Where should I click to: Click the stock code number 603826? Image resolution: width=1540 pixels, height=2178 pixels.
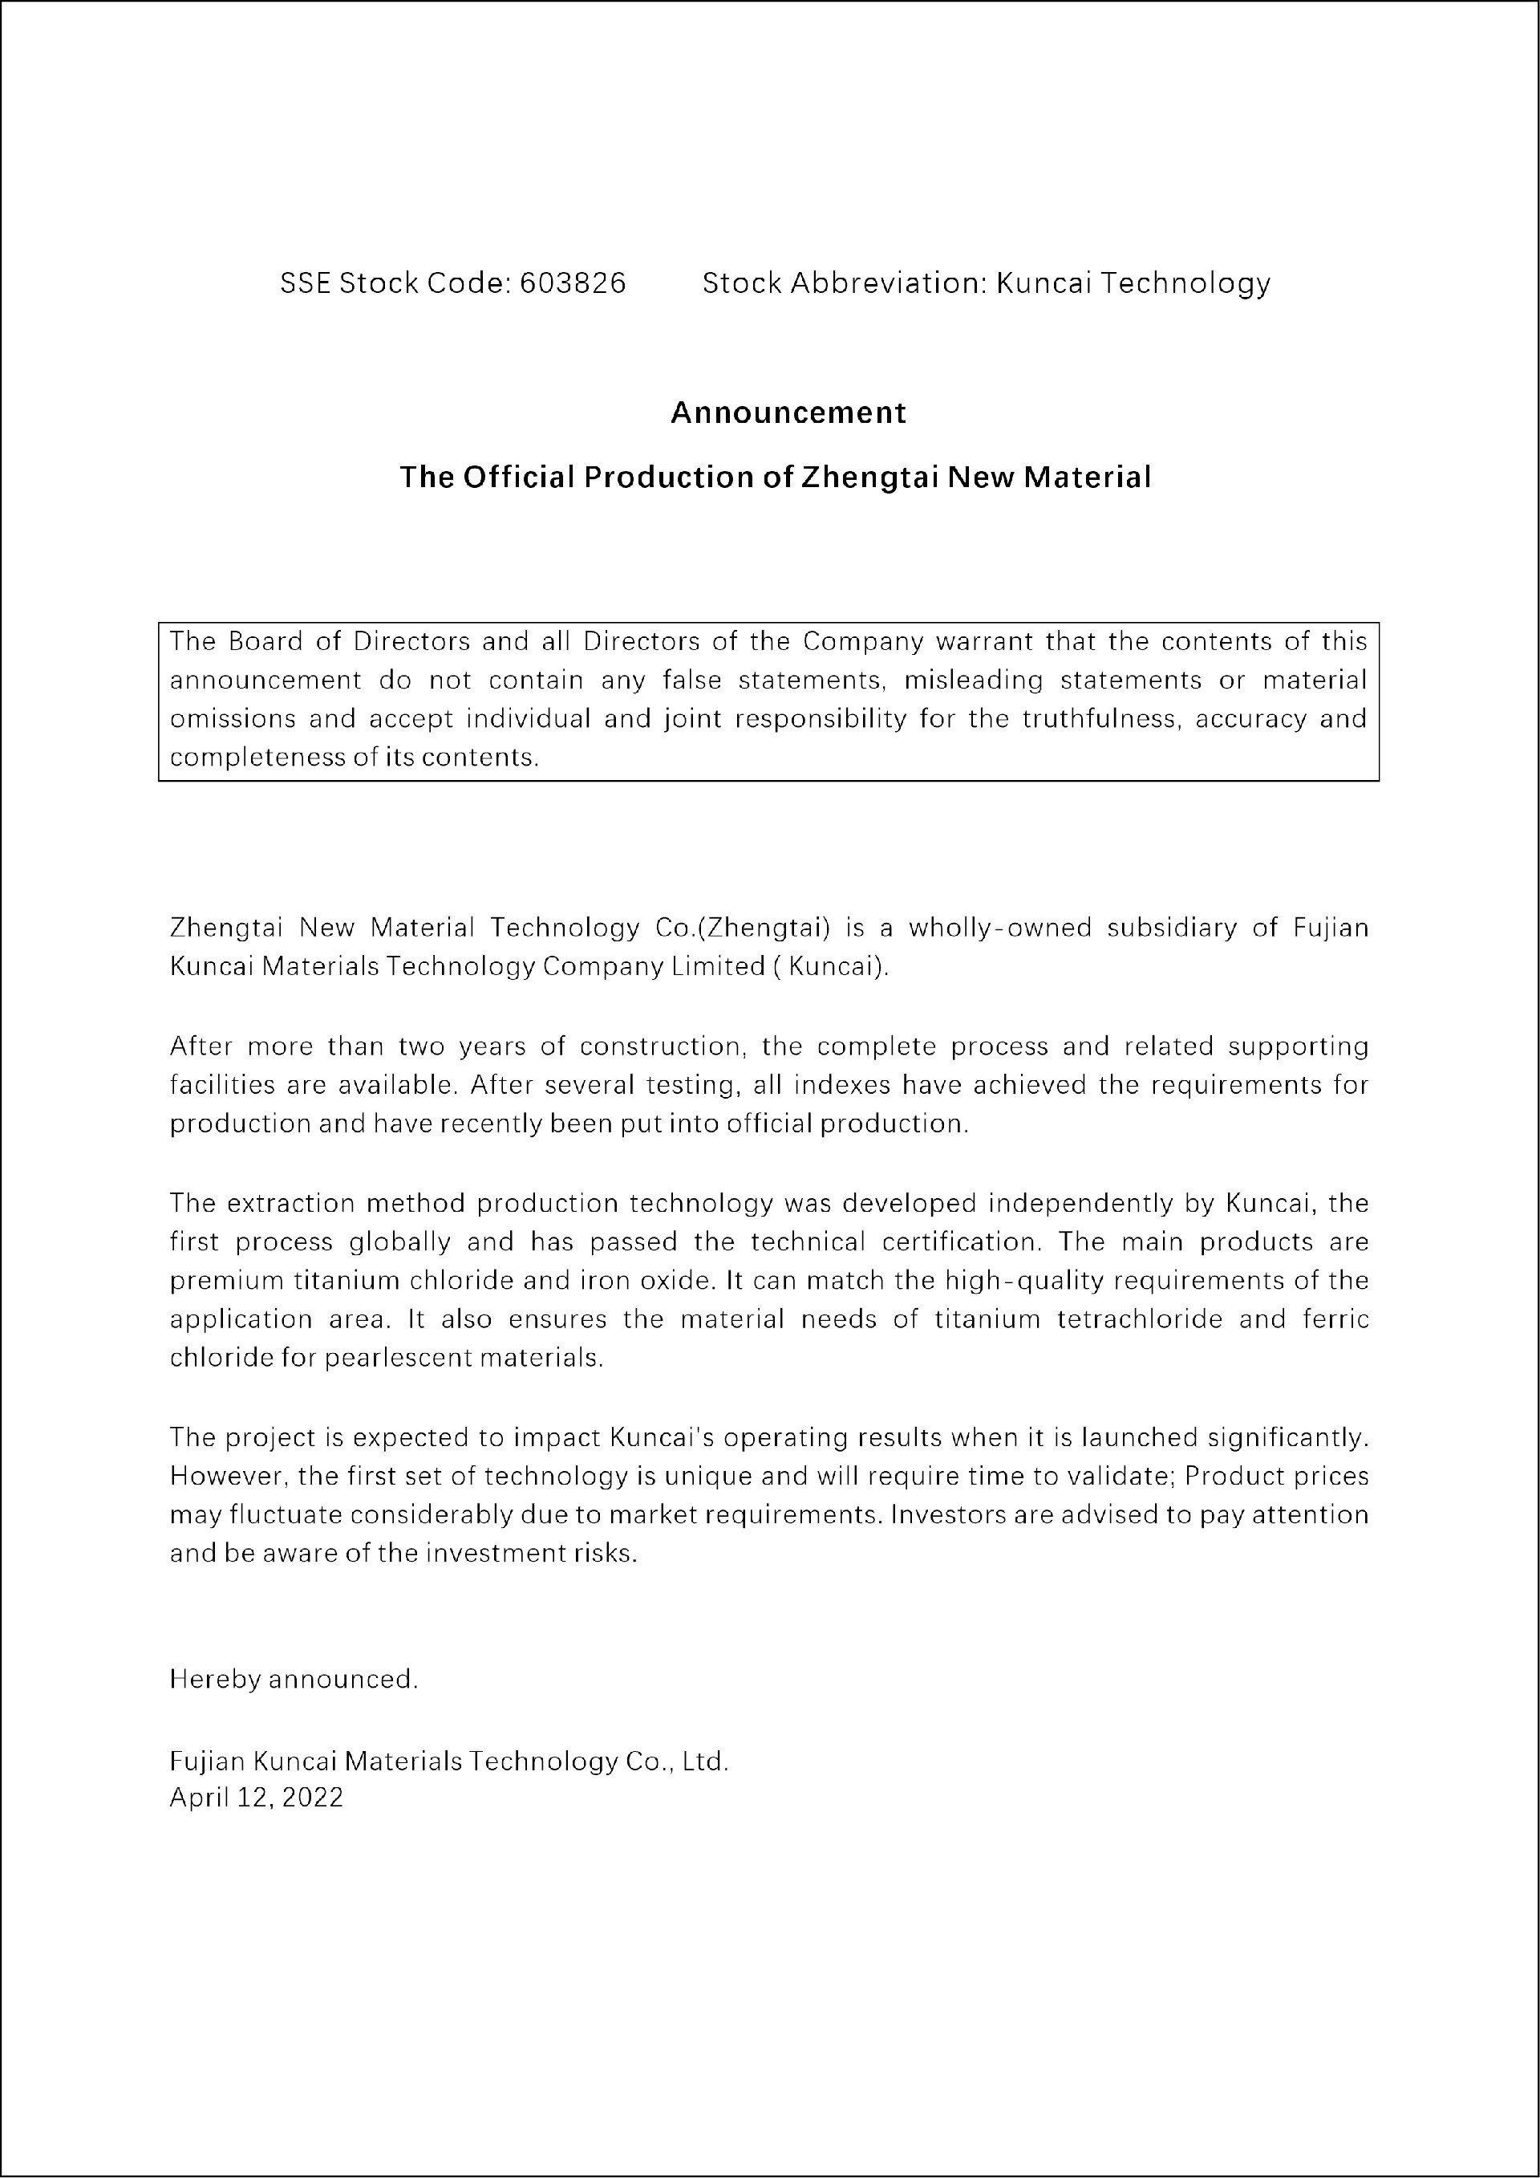[572, 282]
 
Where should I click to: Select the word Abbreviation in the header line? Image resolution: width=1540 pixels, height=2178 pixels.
[888, 282]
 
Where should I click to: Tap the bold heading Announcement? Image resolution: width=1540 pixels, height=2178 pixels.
[788, 412]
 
